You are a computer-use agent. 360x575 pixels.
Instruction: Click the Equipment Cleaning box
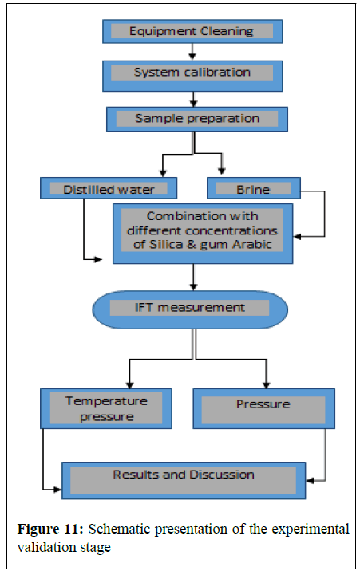click(x=192, y=32)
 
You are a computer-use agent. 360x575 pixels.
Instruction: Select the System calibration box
click(x=192, y=76)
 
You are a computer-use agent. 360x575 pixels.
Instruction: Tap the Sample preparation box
click(x=197, y=119)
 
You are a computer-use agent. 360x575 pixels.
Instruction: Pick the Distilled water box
click(x=109, y=188)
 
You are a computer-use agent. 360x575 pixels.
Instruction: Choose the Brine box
click(x=254, y=188)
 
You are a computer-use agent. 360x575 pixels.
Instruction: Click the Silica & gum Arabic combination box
click(x=203, y=234)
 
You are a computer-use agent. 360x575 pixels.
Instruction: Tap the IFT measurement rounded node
click(x=190, y=309)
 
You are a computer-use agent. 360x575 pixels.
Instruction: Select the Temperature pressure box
click(x=106, y=408)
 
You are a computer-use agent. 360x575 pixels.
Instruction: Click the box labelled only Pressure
click(x=264, y=408)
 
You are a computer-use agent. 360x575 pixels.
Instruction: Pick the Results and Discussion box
click(x=184, y=480)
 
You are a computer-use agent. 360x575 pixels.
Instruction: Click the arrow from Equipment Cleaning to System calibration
click(x=192, y=52)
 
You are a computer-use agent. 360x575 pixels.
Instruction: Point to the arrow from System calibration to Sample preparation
click(x=193, y=99)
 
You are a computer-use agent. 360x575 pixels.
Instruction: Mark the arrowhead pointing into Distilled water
click(x=163, y=173)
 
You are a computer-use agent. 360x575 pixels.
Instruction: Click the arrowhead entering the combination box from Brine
click(x=297, y=237)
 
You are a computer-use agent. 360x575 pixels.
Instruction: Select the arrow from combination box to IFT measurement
click(x=193, y=278)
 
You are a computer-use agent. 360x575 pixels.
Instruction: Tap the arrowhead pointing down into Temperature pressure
click(x=129, y=384)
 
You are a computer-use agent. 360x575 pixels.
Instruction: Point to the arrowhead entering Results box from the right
click(x=310, y=480)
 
